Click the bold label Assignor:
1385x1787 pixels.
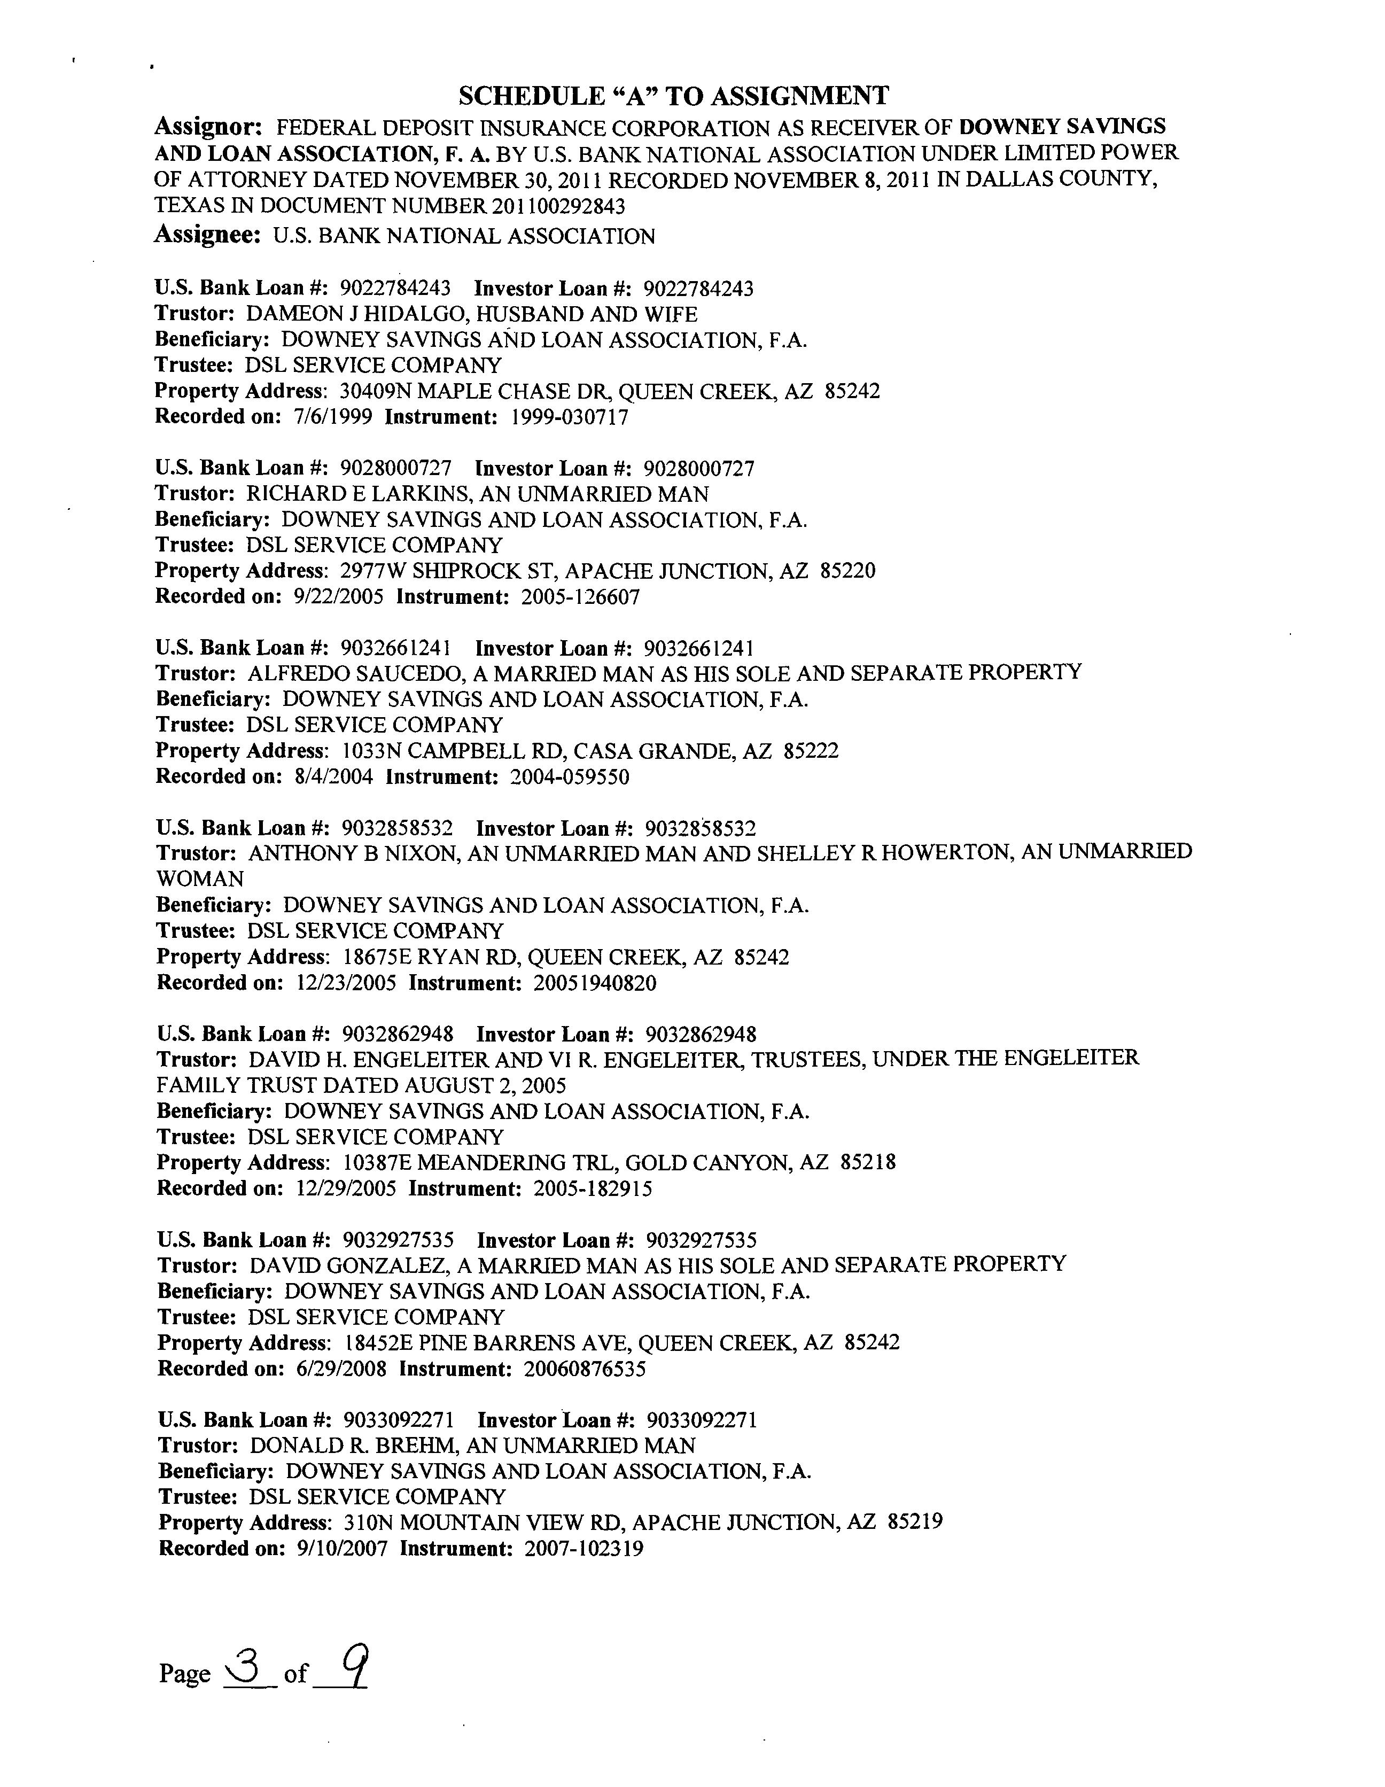(x=208, y=127)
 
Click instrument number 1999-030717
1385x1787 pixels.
(x=570, y=417)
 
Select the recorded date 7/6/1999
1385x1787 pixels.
(x=332, y=417)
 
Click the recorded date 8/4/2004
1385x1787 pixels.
(x=332, y=776)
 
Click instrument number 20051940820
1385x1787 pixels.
(x=595, y=983)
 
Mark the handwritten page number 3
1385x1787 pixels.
(x=244, y=1662)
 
